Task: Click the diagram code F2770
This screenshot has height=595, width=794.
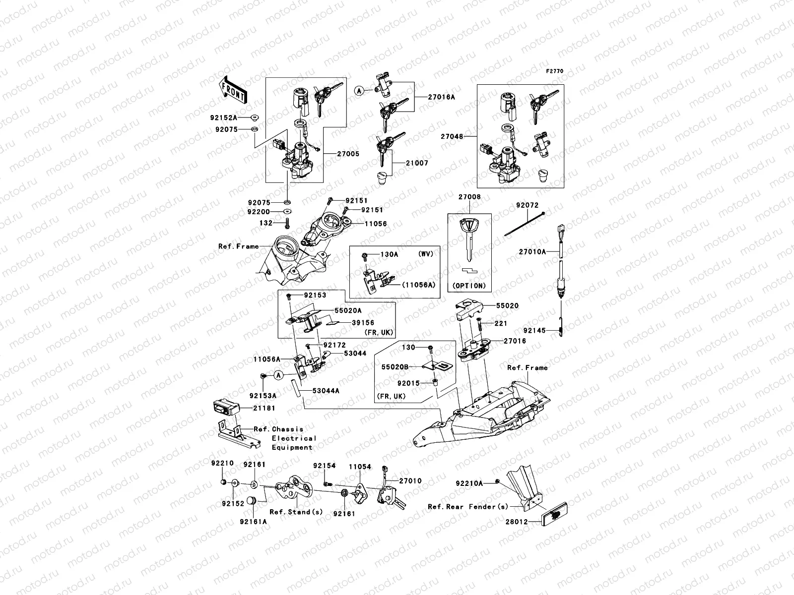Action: [x=555, y=71]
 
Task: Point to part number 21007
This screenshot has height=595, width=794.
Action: [x=416, y=163]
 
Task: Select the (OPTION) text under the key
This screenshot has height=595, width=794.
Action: [x=469, y=286]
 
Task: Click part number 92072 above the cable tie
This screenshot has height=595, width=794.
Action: [x=527, y=205]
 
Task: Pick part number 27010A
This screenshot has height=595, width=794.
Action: [x=532, y=252]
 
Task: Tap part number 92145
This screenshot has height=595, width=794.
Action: [x=534, y=330]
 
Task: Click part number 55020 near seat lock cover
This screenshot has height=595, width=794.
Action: [x=508, y=306]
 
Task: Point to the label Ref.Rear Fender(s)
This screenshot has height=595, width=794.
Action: [x=468, y=507]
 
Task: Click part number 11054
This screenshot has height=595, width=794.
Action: [x=359, y=467]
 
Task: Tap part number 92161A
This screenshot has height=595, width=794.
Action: [x=253, y=522]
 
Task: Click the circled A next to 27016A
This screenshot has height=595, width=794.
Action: [x=359, y=91]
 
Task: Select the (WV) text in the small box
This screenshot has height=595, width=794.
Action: [x=425, y=254]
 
